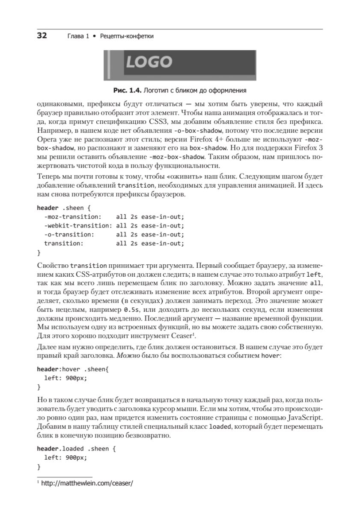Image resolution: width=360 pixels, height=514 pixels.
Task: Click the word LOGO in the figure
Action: [149, 63]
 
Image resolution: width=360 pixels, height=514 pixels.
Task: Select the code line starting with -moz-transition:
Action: [113, 216]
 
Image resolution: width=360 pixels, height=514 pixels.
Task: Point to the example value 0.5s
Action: [131, 308]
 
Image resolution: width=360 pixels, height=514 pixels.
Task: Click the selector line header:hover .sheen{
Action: [73, 369]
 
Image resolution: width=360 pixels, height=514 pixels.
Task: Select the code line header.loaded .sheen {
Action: [76, 448]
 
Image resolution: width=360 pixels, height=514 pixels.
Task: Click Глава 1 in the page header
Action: [77, 36]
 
